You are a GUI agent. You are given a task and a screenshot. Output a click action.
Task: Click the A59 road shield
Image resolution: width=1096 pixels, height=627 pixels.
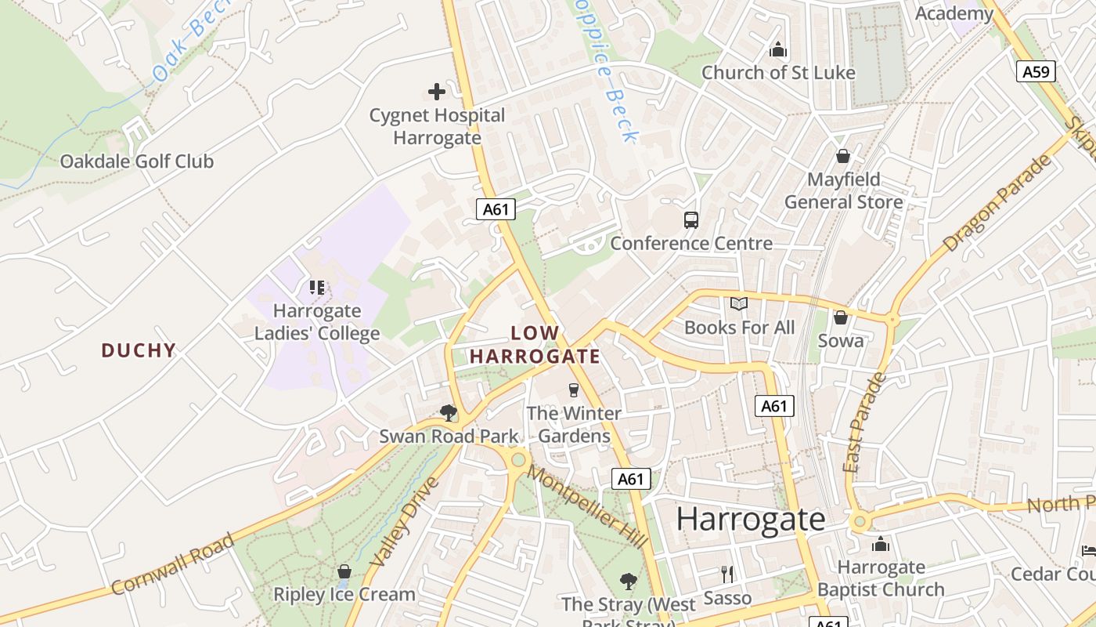pos(1037,72)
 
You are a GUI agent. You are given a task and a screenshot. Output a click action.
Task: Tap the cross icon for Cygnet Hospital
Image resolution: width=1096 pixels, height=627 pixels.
pos(437,92)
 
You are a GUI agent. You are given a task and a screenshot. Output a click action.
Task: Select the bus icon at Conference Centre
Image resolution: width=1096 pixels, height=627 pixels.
pos(690,220)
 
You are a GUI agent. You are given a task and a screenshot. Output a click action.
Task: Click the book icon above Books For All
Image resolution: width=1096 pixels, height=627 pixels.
pos(739,304)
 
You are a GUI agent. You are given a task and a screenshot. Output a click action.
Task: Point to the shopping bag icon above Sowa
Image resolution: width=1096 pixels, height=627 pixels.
pos(841,317)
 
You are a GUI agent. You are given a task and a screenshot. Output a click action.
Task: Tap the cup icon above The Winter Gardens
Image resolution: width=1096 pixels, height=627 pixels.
pos(574,390)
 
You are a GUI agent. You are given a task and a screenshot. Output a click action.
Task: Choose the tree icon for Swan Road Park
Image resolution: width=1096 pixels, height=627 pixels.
pos(448,412)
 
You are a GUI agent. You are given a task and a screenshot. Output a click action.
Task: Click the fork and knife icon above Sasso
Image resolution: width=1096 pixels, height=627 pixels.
pos(727,574)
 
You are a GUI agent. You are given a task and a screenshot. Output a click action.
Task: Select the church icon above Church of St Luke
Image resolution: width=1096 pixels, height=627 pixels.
pos(777,49)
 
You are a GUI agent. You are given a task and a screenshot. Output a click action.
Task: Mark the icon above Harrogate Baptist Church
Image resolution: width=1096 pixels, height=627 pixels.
pos(881,543)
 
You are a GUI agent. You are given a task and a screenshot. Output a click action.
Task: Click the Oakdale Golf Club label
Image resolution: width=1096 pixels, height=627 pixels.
pos(137,161)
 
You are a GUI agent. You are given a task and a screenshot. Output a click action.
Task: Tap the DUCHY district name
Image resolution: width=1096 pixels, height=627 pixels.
pos(139,350)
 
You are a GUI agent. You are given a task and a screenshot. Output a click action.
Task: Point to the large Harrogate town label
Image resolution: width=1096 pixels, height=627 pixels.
pos(750,519)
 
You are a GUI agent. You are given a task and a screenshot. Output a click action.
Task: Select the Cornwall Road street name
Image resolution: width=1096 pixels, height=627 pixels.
pos(173,564)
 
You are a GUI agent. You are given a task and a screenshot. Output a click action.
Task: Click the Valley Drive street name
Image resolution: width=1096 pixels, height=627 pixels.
pos(402,520)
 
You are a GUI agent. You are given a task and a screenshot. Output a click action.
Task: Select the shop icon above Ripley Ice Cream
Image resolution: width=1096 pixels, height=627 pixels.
pos(344,571)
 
